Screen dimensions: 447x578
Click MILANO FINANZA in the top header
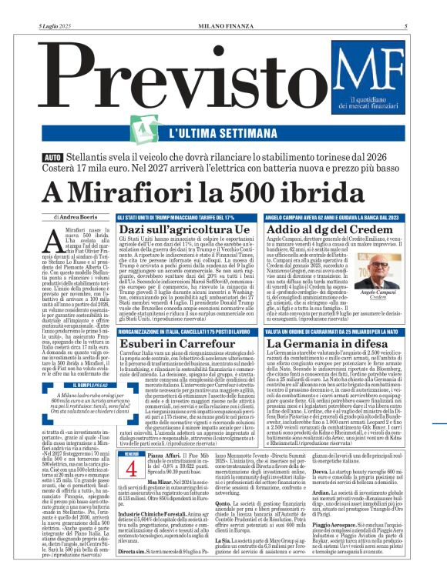[x=223, y=6]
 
